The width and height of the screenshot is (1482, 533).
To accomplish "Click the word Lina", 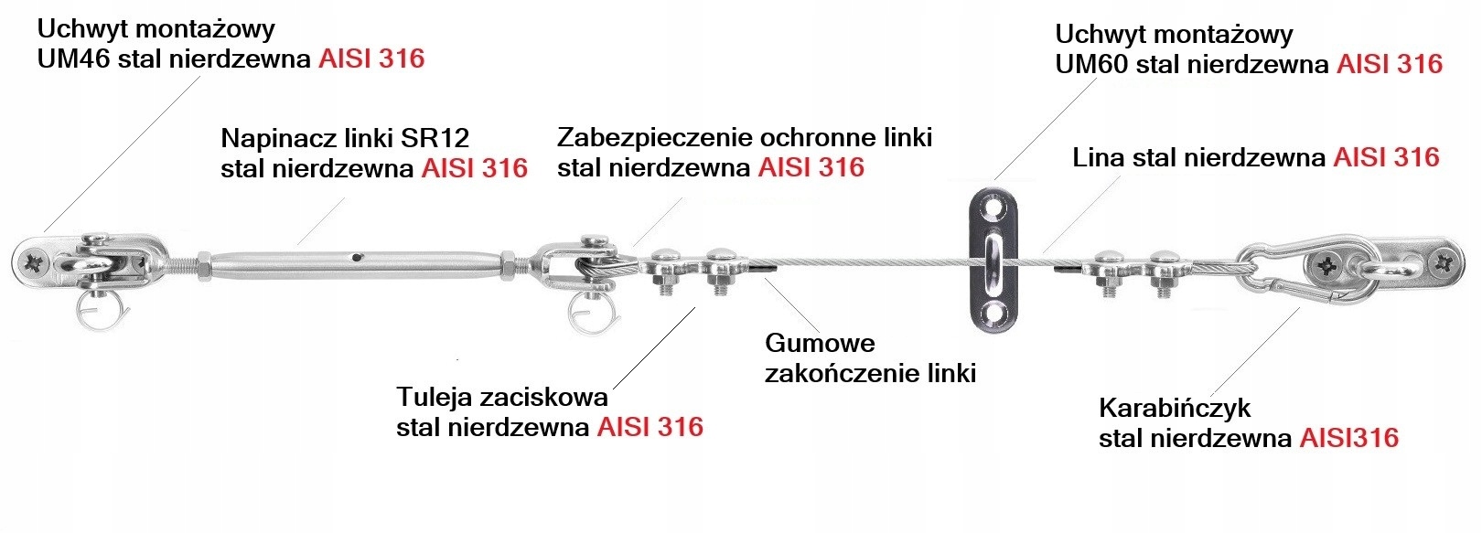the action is coord(1099,157).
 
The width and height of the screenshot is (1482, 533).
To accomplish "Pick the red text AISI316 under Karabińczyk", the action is coord(1349,439).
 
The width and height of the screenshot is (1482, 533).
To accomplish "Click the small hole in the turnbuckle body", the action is coord(360,257).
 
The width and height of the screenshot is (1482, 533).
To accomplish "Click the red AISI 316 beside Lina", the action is coord(1386,157).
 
